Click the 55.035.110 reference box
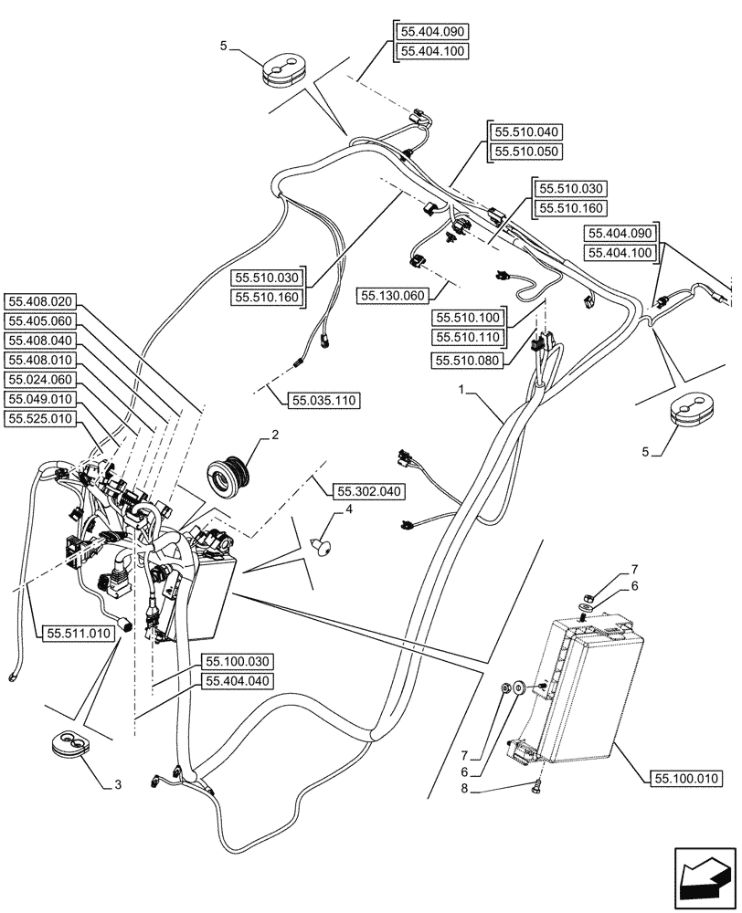coord(324,400)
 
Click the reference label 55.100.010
coord(686,778)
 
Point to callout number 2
coord(273,436)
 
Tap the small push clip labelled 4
coord(322,548)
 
